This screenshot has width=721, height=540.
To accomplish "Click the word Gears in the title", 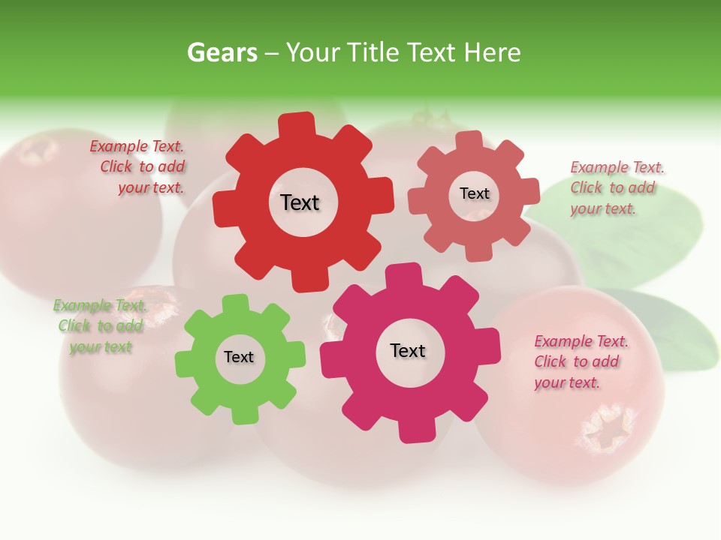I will tap(221, 52).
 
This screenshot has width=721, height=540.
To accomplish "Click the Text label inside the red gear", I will tap(300, 202).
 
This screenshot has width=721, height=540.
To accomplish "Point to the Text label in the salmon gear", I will tap(474, 193).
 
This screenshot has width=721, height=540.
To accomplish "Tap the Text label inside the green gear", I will tap(239, 357).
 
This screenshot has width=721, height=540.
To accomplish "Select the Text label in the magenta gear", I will tap(408, 350).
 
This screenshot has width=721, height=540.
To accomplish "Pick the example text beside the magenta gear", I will tap(578, 362).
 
